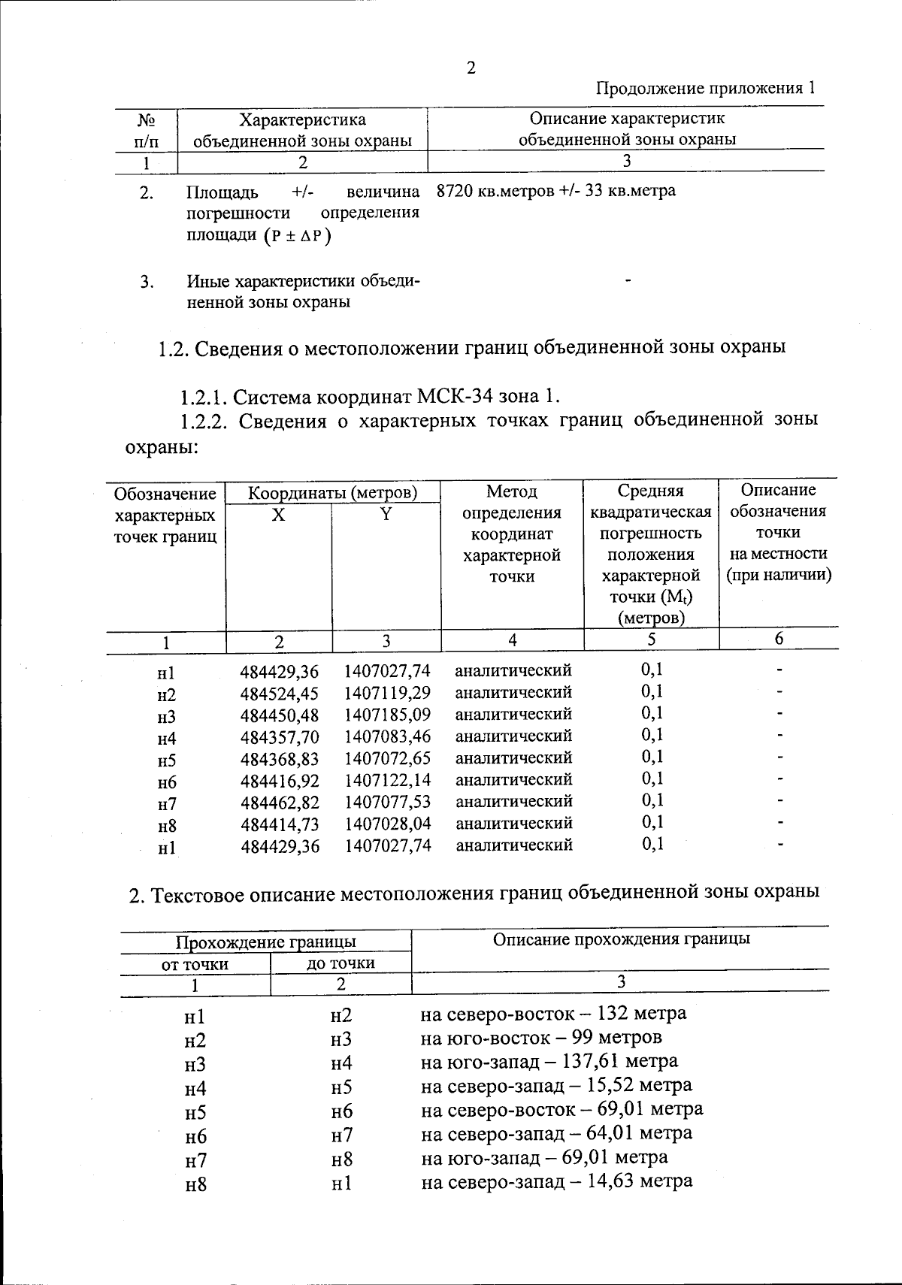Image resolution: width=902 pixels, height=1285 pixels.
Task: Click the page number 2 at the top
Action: pos(471,68)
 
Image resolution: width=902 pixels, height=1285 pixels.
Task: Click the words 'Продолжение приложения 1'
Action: pos(705,89)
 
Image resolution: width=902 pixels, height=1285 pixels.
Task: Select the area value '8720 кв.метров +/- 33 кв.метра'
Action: pos(556,191)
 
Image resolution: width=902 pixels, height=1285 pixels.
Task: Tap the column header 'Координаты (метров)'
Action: pos(333,494)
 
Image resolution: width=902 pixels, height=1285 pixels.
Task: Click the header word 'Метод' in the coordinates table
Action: pos(512,491)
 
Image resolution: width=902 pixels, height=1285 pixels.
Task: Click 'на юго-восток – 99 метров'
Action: pos(541,1038)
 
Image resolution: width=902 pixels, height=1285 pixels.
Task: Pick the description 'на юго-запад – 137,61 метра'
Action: pos(549,1061)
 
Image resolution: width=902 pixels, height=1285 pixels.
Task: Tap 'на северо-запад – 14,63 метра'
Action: pos(556,1181)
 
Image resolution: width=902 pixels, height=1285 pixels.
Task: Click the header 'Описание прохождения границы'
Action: pos(621,939)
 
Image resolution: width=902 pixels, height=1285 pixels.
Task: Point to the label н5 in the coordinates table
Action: pos(166,760)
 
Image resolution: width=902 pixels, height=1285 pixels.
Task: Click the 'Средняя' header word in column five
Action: pos(650,491)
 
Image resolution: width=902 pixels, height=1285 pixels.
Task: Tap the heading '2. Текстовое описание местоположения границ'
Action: pos(474,894)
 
